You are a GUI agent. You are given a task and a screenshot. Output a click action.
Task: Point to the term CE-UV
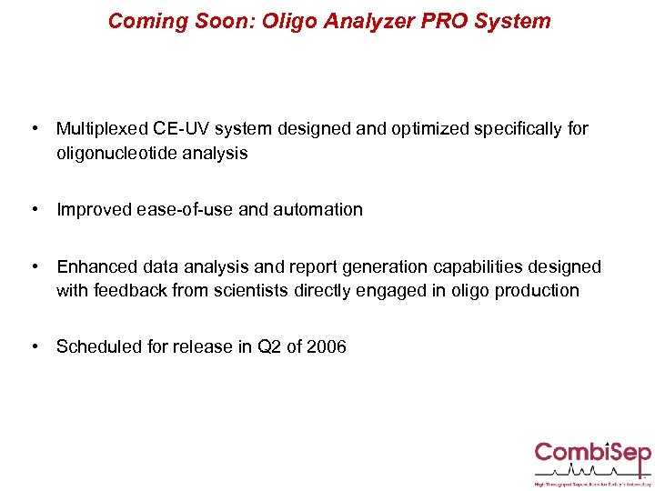185,129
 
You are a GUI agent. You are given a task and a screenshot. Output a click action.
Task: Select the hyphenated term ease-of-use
185,210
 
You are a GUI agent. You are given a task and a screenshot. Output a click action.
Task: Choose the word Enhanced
96,266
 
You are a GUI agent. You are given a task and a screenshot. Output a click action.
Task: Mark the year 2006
326,346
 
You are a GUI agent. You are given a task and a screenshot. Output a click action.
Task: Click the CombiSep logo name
590,452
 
